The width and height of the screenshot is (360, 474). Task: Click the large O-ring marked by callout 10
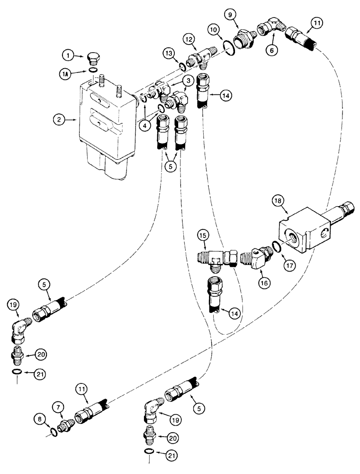[229, 49]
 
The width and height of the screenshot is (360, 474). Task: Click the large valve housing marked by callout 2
[107, 128]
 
